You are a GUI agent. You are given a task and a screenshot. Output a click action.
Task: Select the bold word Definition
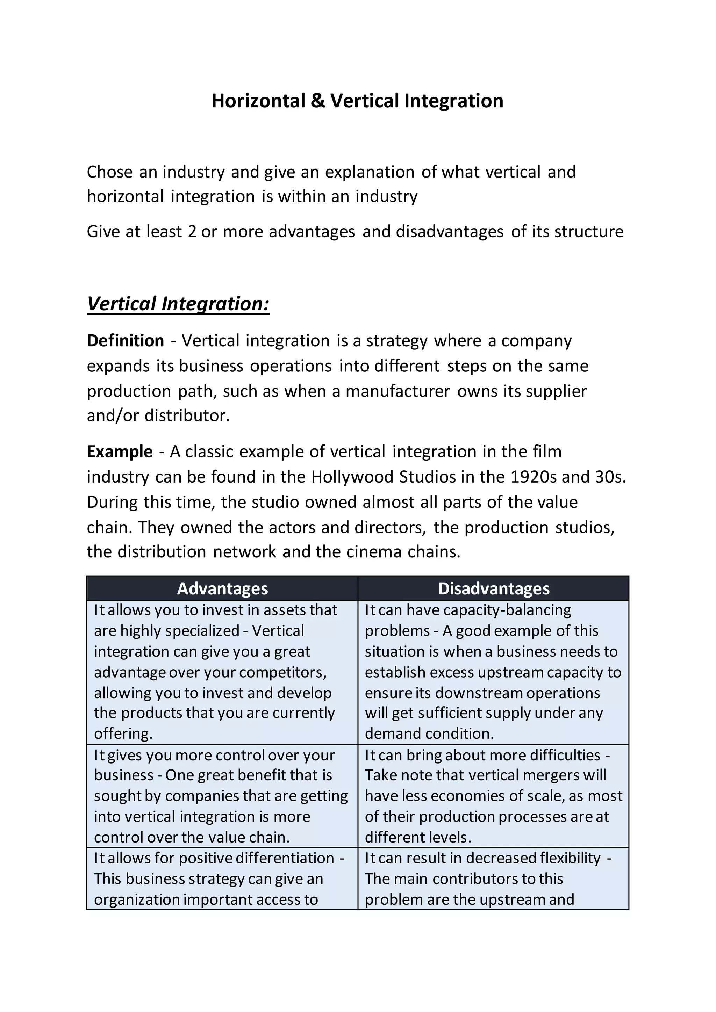[x=125, y=341]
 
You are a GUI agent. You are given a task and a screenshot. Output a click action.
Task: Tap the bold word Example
[x=120, y=452]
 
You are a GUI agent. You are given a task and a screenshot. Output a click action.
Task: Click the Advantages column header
[x=222, y=589]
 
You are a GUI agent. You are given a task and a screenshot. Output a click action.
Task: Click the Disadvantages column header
[x=493, y=589]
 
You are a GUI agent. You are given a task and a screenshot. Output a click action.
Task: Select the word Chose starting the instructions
[x=109, y=172]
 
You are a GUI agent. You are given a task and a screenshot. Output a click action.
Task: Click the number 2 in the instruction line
[x=192, y=232]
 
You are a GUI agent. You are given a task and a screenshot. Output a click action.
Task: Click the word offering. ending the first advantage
[x=123, y=733]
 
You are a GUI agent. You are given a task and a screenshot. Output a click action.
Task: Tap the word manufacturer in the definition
[x=397, y=391]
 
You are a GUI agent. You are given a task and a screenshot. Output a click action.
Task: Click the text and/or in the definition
[x=113, y=415]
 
